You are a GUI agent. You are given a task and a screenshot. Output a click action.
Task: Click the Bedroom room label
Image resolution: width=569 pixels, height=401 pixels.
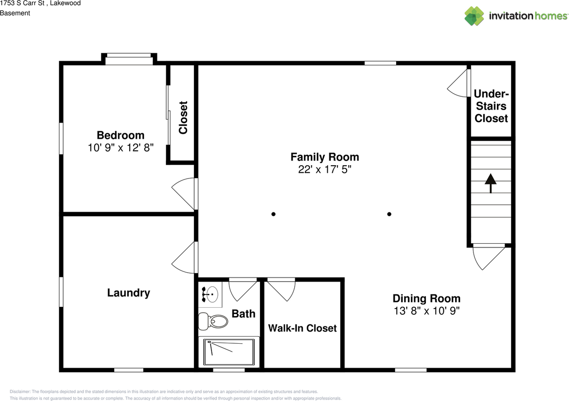tap(120, 135)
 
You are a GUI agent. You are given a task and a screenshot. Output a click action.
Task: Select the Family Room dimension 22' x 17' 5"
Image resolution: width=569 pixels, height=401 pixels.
tap(325, 169)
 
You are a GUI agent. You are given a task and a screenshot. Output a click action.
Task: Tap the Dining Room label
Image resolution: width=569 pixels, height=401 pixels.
tap(426, 298)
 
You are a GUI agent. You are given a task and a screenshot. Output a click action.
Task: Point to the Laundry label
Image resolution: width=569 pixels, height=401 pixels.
tap(128, 293)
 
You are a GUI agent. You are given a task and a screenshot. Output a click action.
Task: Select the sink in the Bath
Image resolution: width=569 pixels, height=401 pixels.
tap(211, 294)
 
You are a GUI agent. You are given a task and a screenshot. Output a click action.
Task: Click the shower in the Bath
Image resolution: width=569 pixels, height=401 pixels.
tap(228, 352)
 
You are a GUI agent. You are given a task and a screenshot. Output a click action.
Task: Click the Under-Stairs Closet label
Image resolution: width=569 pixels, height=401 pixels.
tap(491, 106)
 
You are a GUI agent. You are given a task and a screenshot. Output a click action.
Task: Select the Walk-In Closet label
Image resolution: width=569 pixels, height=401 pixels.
tap(302, 328)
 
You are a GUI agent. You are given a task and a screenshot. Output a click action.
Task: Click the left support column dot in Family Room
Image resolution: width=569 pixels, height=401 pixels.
tap(273, 214)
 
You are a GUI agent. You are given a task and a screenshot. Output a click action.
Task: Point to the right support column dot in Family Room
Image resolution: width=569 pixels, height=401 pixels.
tap(389, 214)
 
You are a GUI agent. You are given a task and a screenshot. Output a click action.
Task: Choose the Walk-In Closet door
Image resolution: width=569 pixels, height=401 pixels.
tap(281, 289)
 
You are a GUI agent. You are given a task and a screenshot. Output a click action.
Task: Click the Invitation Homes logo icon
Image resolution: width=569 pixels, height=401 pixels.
tap(474, 16)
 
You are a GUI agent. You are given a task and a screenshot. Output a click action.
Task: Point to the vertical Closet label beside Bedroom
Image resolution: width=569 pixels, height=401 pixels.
tap(183, 118)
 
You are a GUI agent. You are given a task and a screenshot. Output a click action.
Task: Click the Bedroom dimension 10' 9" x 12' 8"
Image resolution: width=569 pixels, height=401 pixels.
tap(120, 148)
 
